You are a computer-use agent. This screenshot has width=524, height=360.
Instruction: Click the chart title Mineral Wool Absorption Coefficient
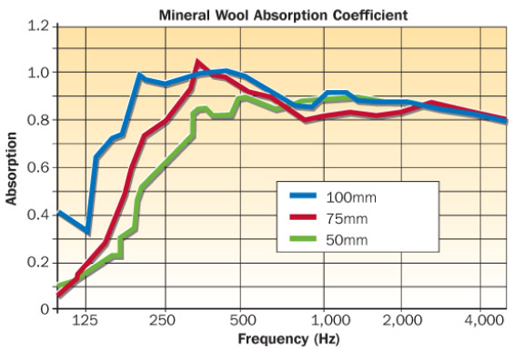(x=271, y=15)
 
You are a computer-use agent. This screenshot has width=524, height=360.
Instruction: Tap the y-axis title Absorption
(x=13, y=169)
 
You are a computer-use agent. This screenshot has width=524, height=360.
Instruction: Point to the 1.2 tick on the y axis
(x=36, y=25)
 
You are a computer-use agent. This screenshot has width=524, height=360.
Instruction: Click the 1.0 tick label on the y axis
(x=36, y=73)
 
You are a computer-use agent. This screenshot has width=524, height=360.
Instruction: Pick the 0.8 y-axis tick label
(x=36, y=120)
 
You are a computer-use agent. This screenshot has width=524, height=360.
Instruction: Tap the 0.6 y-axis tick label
(x=36, y=167)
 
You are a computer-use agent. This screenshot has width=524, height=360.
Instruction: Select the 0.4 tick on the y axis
(x=36, y=215)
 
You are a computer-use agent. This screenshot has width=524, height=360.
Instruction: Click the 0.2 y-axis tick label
(x=36, y=262)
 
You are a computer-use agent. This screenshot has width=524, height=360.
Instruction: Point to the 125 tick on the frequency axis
(x=86, y=320)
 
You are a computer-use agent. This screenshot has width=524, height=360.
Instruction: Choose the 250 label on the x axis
(x=165, y=320)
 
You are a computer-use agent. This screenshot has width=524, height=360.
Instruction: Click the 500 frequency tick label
(x=241, y=320)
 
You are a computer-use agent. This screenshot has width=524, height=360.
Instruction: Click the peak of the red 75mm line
(x=197, y=63)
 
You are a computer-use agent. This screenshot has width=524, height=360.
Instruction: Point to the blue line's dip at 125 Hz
(x=87, y=232)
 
